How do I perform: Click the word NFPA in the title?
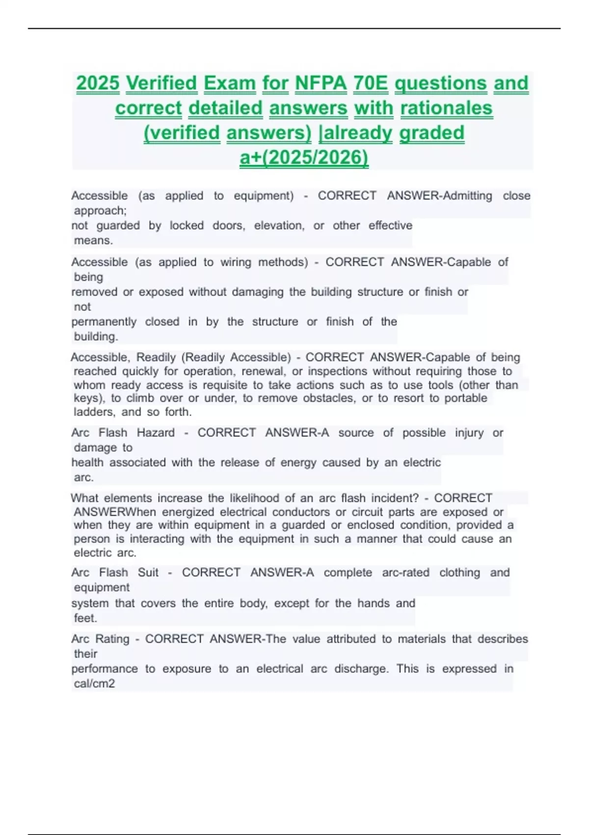(321, 83)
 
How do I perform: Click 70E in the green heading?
(371, 83)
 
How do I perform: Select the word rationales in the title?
(446, 108)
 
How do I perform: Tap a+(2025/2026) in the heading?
(304, 157)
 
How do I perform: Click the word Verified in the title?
(161, 83)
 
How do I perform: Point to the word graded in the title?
(431, 133)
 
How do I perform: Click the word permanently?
(104, 322)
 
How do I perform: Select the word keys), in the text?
(89, 398)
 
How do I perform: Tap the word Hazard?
(156, 433)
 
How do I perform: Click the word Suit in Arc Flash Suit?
(148, 573)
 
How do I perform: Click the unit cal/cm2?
(94, 684)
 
